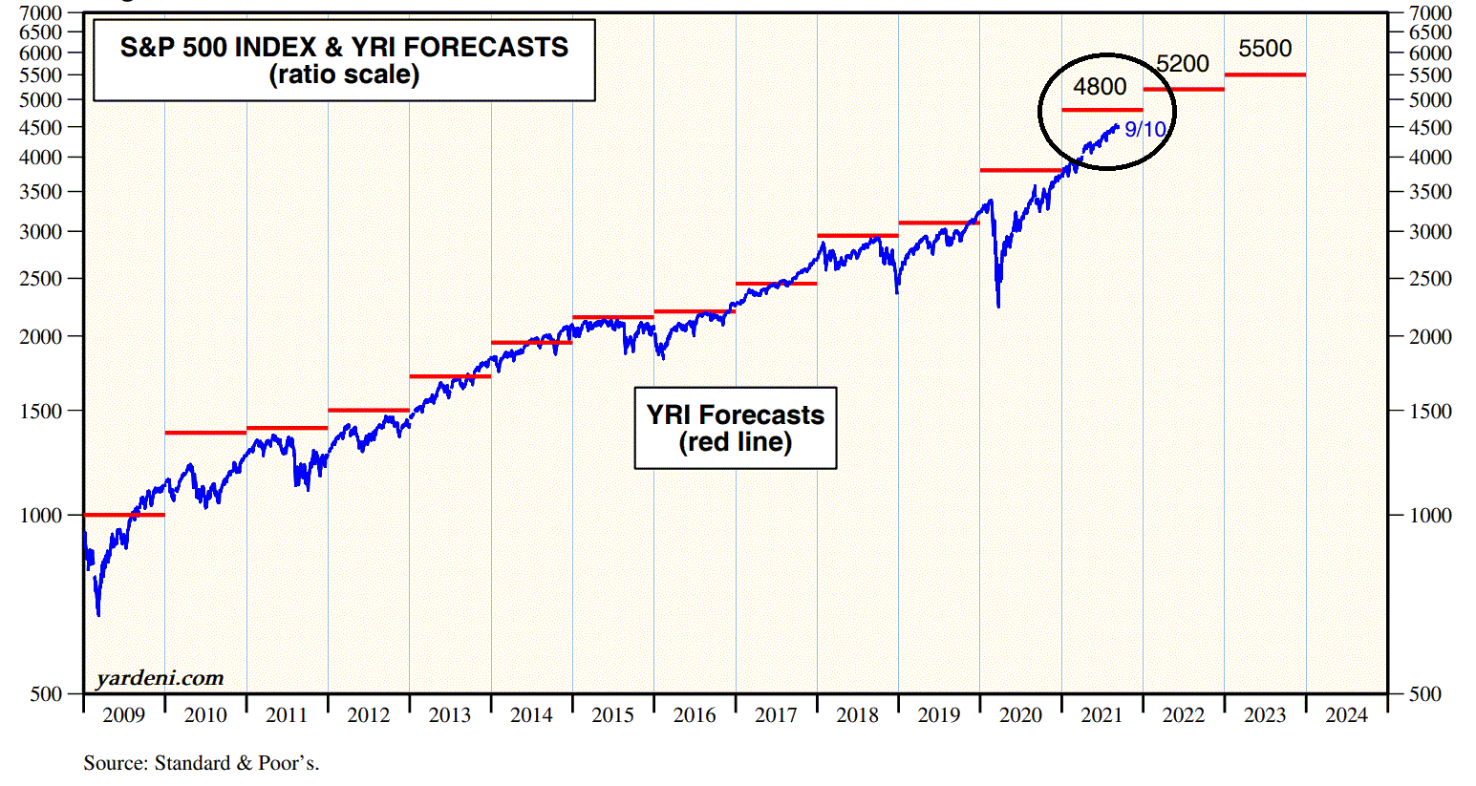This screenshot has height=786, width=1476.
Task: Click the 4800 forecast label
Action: (1100, 87)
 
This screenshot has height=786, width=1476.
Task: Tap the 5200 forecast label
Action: (1183, 64)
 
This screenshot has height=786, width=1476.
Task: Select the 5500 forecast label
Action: (1265, 49)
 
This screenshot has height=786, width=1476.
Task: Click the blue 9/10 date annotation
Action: (1144, 130)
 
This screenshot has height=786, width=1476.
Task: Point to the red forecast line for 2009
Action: (124, 515)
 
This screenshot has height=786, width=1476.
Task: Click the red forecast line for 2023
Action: (1265, 74)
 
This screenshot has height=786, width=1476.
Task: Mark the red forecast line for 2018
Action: (858, 235)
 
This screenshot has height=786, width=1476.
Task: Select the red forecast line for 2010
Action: (205, 433)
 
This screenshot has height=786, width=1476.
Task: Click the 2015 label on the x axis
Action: (612, 715)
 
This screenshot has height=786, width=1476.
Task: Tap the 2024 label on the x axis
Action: (1346, 715)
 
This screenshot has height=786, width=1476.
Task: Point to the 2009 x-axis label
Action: (123, 715)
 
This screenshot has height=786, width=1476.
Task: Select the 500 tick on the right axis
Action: (1424, 694)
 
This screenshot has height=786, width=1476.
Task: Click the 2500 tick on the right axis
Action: (1430, 279)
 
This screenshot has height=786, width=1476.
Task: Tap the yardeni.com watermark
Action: (160, 678)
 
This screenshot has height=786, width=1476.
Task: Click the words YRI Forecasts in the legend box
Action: (735, 414)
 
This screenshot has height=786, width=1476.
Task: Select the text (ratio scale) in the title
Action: (344, 74)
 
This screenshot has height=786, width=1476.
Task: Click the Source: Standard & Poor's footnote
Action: (201, 763)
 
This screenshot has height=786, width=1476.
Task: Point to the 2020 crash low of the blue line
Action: (998, 306)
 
